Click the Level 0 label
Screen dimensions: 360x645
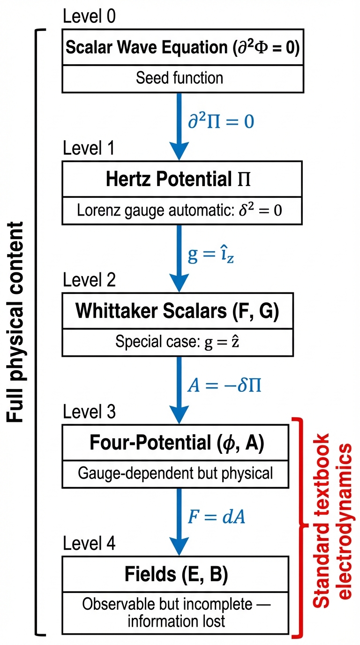[89, 16]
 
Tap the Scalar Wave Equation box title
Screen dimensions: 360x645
[183, 47]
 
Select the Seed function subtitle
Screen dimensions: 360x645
[180, 78]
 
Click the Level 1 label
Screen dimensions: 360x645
[89, 148]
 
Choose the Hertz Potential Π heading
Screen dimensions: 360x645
[178, 179]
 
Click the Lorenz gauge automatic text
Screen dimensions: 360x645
[180, 210]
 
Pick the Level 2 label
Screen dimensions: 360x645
[89, 280]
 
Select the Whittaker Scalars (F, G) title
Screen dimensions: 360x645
[177, 311]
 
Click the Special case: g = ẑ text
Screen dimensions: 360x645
[177, 342]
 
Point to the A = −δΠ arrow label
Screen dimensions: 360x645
[225, 385]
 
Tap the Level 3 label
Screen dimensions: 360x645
[89, 412]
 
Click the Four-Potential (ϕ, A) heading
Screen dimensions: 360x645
[177, 442]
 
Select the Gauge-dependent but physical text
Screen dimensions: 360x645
[175, 473]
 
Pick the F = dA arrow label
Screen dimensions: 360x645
[216, 517]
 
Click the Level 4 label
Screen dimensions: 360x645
[89, 543]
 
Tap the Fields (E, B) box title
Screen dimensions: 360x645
[176, 574]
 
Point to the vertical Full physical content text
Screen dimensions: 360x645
[15, 322]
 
